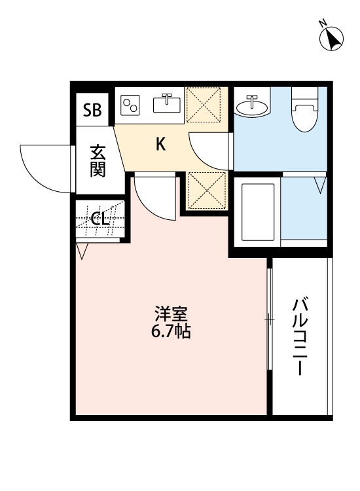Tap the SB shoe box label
pyautogui.click(x=92, y=109)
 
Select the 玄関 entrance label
pyautogui.click(x=98, y=160)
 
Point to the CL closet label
pyautogui.click(x=99, y=219)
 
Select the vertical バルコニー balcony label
pyautogui.click(x=300, y=337)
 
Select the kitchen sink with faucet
pyautogui.click(x=168, y=103)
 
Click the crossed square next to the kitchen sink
pyautogui.click(x=204, y=104)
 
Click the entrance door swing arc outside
pyautogui.click(x=46, y=168)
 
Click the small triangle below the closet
pyautogui.click(x=82, y=251)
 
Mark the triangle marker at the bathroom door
pyautogui.click(x=320, y=185)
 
